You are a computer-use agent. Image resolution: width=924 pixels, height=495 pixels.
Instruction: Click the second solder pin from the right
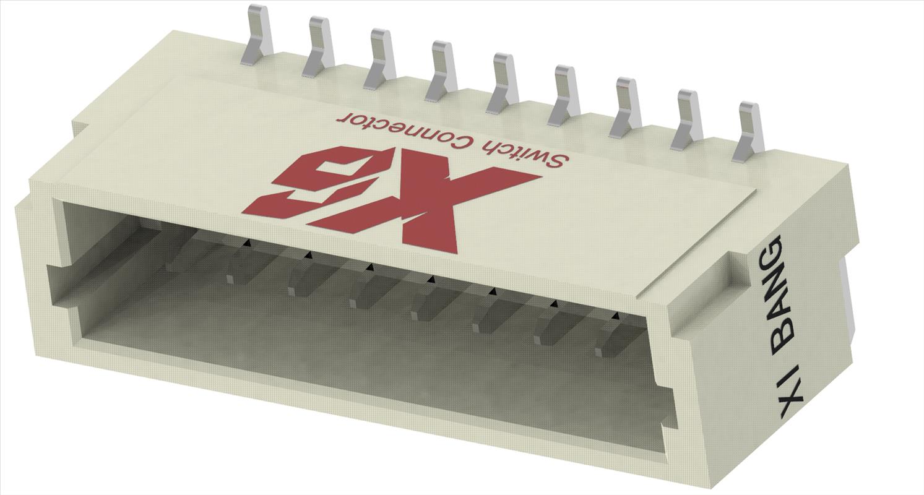689,114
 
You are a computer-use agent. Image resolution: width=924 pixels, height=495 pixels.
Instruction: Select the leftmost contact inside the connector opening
179,254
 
